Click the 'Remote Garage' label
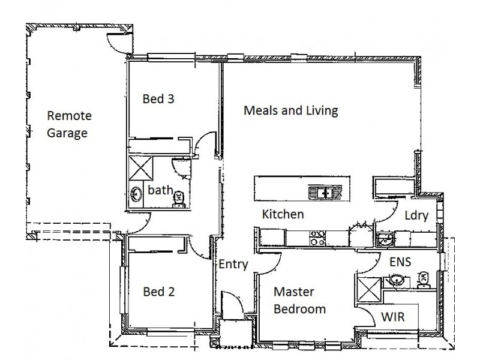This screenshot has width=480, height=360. click(67, 124)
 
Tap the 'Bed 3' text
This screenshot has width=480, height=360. click(158, 99)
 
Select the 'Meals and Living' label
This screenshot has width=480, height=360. click(291, 111)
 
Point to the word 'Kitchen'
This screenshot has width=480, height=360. click(283, 214)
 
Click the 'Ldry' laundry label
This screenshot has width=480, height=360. click(415, 216)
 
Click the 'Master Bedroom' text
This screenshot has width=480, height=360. click(299, 301)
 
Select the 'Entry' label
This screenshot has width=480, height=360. click(233, 265)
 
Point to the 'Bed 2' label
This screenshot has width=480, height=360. click(158, 292)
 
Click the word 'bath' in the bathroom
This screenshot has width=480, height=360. click(160, 190)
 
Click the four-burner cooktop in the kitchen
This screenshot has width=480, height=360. click(317, 238)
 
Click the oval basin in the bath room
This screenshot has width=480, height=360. click(136, 194)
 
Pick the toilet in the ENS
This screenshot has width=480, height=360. click(422, 278)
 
